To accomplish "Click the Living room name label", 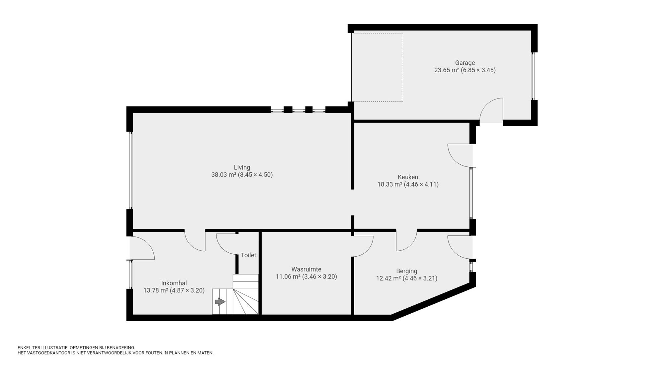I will click(242, 167).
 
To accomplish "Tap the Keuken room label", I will click(408, 177).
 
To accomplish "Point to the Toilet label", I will click(248, 255).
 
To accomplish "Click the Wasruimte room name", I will click(306, 269).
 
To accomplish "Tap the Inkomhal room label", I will click(174, 283).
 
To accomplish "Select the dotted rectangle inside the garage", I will click(377, 67).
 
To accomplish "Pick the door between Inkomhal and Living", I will click(195, 241).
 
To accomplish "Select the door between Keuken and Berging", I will click(406, 241).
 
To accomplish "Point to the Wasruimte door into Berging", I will click(363, 246).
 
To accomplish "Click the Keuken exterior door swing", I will click(460, 155).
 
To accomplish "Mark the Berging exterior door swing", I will click(460, 247).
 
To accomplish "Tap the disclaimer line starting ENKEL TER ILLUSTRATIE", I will click(76, 347).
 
